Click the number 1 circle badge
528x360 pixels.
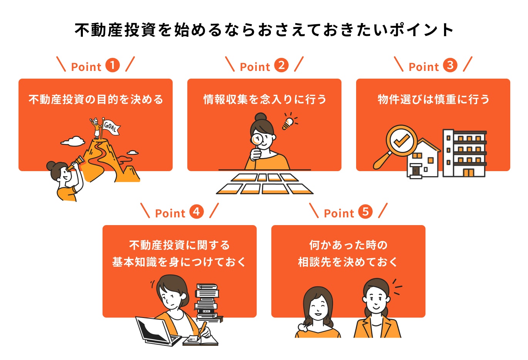pos(113,65)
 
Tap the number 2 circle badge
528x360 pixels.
pos(281,65)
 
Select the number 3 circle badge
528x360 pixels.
pos(450,65)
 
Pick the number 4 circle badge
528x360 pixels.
pos(197,212)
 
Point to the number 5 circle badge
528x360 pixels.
pos(365,212)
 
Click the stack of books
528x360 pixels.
pos(207,303)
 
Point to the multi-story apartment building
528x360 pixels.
pos(464,153)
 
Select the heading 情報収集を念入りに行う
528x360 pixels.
pos(264,99)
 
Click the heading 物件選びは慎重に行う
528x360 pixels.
pos(433,99)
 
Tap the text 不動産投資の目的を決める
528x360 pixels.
pos(96,99)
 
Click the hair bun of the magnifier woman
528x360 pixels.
pos(261,117)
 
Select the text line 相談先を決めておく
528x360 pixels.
pos(348,262)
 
